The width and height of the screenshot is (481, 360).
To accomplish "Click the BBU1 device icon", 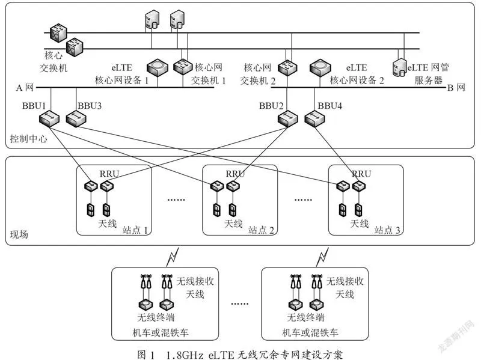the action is pyautogui.click(x=49, y=118).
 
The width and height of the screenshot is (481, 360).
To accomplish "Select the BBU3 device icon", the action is pyautogui.click(x=76, y=118).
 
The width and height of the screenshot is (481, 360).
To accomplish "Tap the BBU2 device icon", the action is pyautogui.click(x=287, y=118).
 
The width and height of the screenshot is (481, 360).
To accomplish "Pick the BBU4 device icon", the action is pyautogui.click(x=314, y=118).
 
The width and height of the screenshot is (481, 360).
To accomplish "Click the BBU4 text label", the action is pyautogui.click(x=329, y=106).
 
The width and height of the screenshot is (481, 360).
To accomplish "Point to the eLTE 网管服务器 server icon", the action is pyautogui.click(x=400, y=67).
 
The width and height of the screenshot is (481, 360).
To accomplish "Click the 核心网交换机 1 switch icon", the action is pyautogui.click(x=183, y=67).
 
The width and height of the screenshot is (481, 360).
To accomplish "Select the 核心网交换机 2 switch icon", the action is pyautogui.click(x=287, y=67).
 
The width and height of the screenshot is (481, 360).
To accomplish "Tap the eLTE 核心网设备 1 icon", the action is pyautogui.click(x=158, y=67).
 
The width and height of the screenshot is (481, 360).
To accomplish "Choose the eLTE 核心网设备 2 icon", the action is pyautogui.click(x=320, y=67).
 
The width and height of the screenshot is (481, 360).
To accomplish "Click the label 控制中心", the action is pyautogui.click(x=28, y=139).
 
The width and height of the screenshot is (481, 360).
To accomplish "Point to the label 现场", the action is pyautogui.click(x=19, y=234).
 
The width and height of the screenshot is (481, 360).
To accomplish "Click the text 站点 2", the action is pyautogui.click(x=261, y=230).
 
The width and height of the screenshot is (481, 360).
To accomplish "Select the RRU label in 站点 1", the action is pyautogui.click(x=109, y=174).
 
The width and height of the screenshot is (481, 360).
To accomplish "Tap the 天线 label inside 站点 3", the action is pyautogui.click(x=360, y=224).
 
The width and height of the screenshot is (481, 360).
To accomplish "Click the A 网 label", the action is pyautogui.click(x=25, y=88).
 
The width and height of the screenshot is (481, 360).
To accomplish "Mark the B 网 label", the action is pyautogui.click(x=456, y=88).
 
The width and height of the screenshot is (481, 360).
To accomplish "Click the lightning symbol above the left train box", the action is pyautogui.click(x=173, y=257).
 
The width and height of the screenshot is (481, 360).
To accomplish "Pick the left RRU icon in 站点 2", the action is pyautogui.click(x=217, y=186).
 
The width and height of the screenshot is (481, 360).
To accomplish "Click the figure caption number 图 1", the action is pyautogui.click(x=146, y=355).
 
